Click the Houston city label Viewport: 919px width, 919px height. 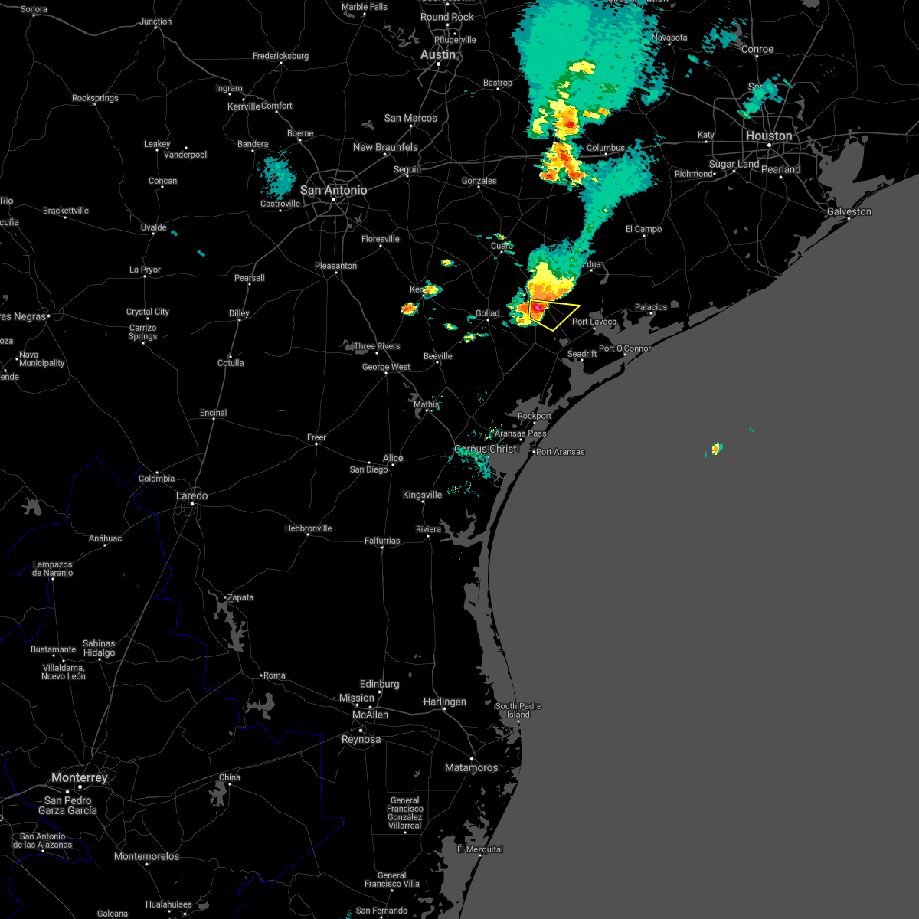(x=769, y=136)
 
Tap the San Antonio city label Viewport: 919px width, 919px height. (x=333, y=190)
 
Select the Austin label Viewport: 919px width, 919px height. (x=438, y=55)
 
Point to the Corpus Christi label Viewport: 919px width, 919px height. (x=487, y=450)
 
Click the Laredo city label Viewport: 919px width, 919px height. (x=191, y=496)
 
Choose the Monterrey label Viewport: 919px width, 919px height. (x=80, y=777)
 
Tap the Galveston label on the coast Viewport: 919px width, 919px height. (x=849, y=211)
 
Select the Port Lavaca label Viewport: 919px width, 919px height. (x=594, y=322)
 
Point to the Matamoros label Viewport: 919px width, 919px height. (x=471, y=767)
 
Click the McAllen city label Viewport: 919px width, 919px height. (x=370, y=715)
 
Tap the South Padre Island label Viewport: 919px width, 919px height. (x=518, y=710)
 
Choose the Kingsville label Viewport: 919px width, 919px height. (x=422, y=495)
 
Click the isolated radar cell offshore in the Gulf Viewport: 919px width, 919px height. (x=715, y=449)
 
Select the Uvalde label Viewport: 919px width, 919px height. (x=153, y=227)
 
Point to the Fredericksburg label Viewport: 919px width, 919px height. (x=280, y=56)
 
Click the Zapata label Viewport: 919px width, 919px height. (x=240, y=597)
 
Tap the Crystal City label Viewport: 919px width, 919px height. (x=148, y=312)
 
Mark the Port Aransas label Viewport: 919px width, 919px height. (x=561, y=452)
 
